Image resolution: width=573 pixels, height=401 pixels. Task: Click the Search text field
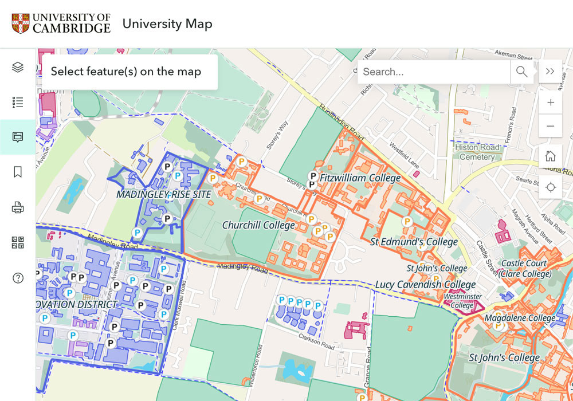click(x=434, y=72)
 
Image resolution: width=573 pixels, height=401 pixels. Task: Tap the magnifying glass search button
click(x=521, y=72)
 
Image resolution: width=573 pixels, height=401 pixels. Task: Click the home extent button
click(x=550, y=156)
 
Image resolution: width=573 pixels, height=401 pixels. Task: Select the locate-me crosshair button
click(x=550, y=187)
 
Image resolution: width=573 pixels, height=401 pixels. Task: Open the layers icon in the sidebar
click(x=18, y=68)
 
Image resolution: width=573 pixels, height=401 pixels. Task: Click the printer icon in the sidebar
click(x=18, y=207)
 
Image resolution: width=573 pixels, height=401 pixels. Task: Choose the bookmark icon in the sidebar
click(x=18, y=172)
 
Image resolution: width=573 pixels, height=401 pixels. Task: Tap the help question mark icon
click(x=18, y=278)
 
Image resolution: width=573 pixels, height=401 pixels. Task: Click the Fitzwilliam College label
click(x=360, y=178)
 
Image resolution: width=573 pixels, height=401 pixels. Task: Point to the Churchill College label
click(x=258, y=225)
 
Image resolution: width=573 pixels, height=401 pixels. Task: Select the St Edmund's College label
click(x=414, y=242)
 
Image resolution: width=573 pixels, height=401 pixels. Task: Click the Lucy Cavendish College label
click(x=425, y=285)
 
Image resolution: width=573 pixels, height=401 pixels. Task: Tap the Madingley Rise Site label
click(x=164, y=195)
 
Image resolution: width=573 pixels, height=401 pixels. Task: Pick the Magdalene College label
click(x=520, y=318)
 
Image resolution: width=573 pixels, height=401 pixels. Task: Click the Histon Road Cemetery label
click(x=477, y=152)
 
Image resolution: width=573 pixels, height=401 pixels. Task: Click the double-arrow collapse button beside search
click(x=550, y=72)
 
